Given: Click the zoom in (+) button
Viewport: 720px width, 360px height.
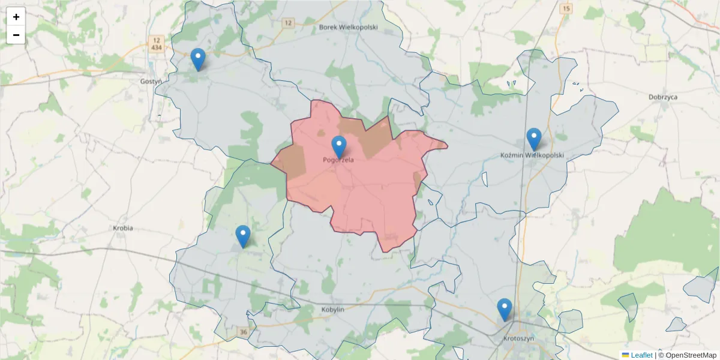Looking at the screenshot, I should click(16, 17).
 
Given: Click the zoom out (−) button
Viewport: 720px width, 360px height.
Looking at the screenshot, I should click(16, 35).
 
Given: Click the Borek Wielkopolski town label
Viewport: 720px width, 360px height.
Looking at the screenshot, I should click(348, 27).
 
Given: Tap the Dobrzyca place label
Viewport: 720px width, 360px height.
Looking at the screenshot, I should click(663, 97).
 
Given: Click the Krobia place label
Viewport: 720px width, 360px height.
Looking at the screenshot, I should click(123, 228).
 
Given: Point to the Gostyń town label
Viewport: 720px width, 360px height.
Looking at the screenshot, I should click(151, 81).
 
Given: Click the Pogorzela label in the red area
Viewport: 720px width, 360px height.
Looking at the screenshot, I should click(338, 160).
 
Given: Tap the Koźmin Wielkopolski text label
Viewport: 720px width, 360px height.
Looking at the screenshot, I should click(532, 155).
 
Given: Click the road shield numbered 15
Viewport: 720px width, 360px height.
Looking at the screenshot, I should click(566, 8).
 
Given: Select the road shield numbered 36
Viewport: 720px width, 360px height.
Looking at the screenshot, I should click(243, 332).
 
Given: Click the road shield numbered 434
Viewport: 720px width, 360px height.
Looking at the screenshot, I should click(157, 47).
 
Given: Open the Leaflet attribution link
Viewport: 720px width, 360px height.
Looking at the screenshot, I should click(641, 355).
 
